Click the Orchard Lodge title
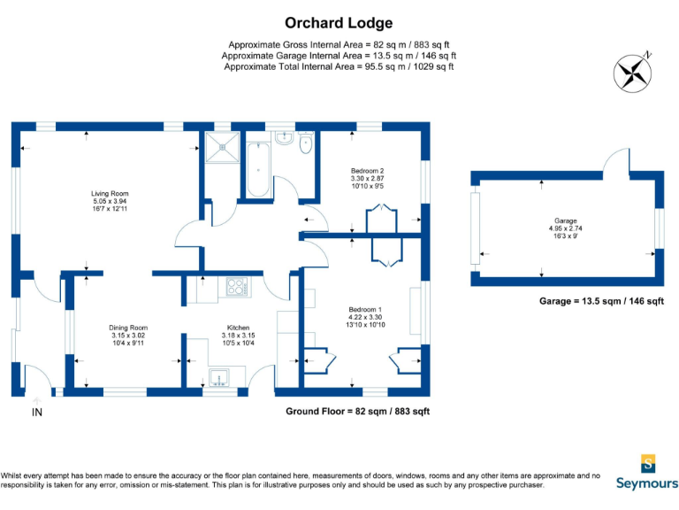click(339, 23)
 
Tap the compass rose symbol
click(633, 73)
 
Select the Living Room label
click(110, 193)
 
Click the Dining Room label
click(128, 328)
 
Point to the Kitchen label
click(238, 328)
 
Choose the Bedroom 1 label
click(365, 310)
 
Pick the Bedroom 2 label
click(367, 171)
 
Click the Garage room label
click(566, 220)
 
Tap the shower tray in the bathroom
click(222, 147)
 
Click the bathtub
click(258, 169)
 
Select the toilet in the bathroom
click(306, 143)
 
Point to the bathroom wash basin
click(285, 138)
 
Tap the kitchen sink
click(219, 377)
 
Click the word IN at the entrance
click(37, 413)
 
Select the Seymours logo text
click(647, 483)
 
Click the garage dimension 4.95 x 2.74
click(566, 228)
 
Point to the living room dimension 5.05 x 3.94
click(110, 201)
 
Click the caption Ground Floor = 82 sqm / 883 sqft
click(358, 411)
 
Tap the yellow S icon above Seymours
click(648, 464)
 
